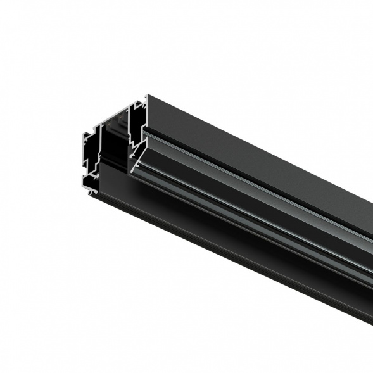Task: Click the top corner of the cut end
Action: pyautogui.click(x=148, y=96)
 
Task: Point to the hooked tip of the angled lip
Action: pyautogui.click(x=130, y=170)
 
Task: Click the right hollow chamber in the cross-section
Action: pyautogui.click(x=137, y=127)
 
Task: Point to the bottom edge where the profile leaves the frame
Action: pyautogui.click(x=371, y=323)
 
